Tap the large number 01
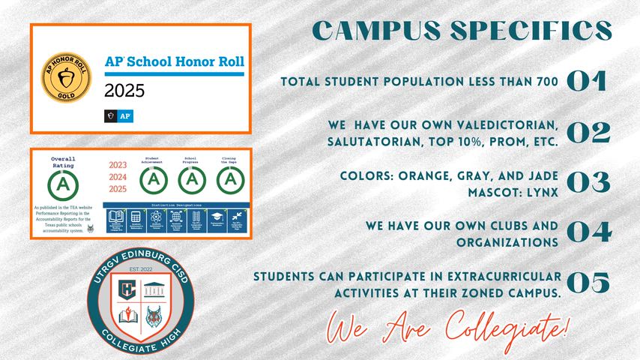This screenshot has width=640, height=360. click(x=587, y=82)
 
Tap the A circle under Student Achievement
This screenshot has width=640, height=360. click(x=153, y=180)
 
